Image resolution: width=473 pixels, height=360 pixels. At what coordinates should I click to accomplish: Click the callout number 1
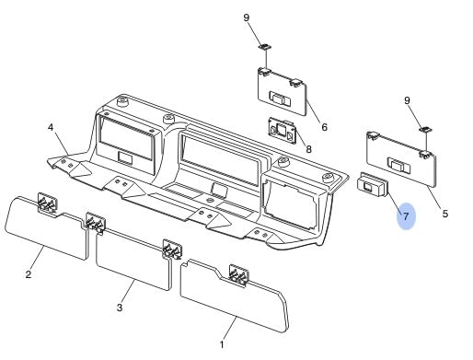tap(222, 344)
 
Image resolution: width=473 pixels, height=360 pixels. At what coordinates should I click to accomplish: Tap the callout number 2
tap(29, 274)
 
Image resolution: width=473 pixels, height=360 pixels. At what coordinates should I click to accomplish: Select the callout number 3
tap(120, 307)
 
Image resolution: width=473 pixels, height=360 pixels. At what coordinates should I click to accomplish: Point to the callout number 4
tap(51, 127)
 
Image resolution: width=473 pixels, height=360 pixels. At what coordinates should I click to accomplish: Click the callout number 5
tap(445, 214)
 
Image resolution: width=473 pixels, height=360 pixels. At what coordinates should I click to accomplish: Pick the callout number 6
tap(324, 127)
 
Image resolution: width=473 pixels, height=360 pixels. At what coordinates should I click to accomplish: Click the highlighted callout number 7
tap(406, 216)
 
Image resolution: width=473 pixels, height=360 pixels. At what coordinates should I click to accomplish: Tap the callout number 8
tap(308, 149)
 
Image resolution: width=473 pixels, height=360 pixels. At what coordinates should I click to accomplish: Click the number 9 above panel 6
tap(247, 17)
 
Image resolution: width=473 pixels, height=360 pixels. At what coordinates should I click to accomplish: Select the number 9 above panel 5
tap(407, 100)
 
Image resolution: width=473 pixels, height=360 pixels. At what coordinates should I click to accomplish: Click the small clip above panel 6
tap(265, 47)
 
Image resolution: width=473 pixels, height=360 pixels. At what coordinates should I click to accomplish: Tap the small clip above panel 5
tap(426, 130)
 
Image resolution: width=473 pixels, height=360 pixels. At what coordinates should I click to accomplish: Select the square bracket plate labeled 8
tap(283, 131)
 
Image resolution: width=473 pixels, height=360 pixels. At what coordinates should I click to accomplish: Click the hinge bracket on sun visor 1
tap(239, 275)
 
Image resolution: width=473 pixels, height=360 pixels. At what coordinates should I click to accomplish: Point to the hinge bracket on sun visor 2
tap(47, 203)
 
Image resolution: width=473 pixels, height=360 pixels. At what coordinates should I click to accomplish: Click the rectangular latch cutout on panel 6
tap(280, 99)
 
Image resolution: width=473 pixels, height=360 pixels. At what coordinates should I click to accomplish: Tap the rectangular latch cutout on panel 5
tap(398, 166)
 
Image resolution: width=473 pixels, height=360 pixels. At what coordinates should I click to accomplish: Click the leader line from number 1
tap(230, 328)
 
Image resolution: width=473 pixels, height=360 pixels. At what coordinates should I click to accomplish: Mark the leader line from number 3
tap(128, 291)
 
